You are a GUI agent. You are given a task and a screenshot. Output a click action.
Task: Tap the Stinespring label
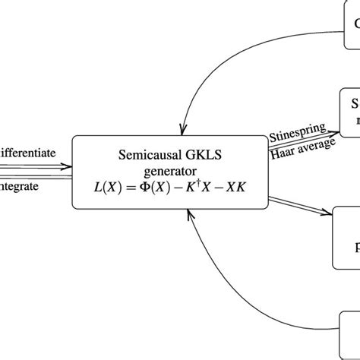click(298, 134)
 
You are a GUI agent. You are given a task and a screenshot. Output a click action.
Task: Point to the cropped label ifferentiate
click(28, 153)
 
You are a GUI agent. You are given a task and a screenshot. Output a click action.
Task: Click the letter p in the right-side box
click(355, 247)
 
